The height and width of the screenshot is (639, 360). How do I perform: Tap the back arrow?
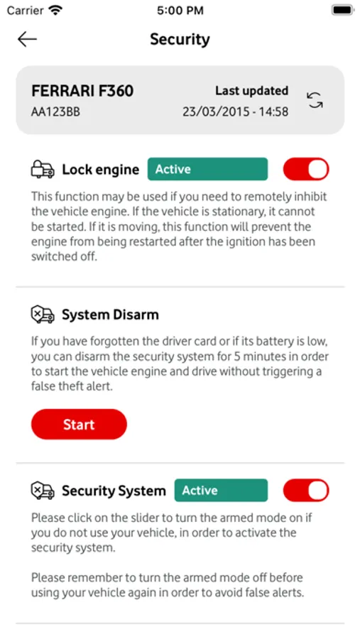pyautogui.click(x=27, y=40)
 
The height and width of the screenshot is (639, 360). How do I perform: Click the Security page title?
pyautogui.click(x=180, y=39)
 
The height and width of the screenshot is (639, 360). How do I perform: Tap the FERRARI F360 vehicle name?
pyautogui.click(x=82, y=91)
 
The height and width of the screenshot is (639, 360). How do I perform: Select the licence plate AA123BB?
pyautogui.click(x=55, y=111)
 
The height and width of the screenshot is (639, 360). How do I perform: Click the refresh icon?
pyautogui.click(x=315, y=100)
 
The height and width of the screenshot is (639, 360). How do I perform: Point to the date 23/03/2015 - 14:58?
pyautogui.click(x=235, y=111)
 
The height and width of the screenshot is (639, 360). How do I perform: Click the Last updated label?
pyautogui.click(x=251, y=91)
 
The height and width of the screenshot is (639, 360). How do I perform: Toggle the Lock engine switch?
pyautogui.click(x=306, y=169)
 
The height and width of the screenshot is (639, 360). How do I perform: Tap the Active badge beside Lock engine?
pyautogui.click(x=207, y=169)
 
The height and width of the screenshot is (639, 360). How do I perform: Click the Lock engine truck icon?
pyautogui.click(x=43, y=170)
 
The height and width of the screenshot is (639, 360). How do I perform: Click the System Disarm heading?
pyautogui.click(x=110, y=315)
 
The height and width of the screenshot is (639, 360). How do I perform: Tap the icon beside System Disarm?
pyautogui.click(x=43, y=315)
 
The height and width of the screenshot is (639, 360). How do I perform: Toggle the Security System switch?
pyautogui.click(x=306, y=490)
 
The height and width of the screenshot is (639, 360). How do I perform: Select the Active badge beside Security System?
pyautogui.click(x=221, y=490)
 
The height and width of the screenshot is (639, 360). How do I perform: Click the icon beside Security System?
pyautogui.click(x=43, y=491)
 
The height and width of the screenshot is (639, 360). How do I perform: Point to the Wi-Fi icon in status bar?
pyautogui.click(x=54, y=10)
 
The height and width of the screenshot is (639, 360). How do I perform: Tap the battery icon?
pyautogui.click(x=342, y=10)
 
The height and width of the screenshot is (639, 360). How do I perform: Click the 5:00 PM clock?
pyautogui.click(x=180, y=11)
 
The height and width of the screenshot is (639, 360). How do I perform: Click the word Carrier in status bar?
pyautogui.click(x=25, y=11)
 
